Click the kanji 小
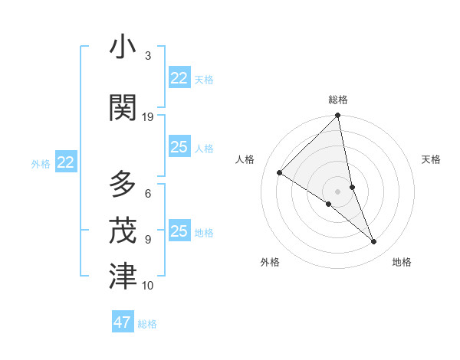(x=123, y=48)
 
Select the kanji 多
(x=123, y=185)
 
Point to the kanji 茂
(x=123, y=230)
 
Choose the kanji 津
(x=123, y=277)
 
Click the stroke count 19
(x=148, y=117)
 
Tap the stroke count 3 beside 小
(x=148, y=56)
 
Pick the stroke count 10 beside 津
(x=148, y=286)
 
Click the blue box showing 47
(x=123, y=322)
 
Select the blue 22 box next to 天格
(x=179, y=78)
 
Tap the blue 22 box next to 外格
(x=66, y=162)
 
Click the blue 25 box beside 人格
(x=179, y=148)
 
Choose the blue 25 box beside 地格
(x=179, y=231)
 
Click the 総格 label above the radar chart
(x=338, y=100)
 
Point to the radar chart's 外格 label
(x=270, y=262)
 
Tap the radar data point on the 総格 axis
(x=338, y=116)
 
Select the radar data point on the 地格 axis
(x=374, y=241)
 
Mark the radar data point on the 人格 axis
(x=280, y=172)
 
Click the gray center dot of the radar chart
(x=338, y=191)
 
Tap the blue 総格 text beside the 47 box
(x=148, y=324)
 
